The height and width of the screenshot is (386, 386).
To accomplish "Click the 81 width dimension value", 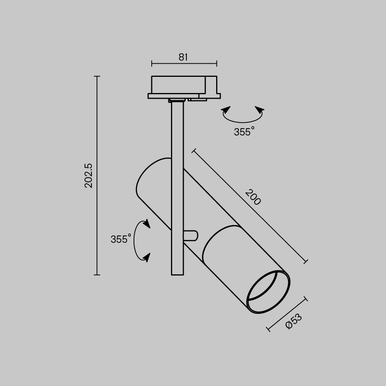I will [x=183, y=57].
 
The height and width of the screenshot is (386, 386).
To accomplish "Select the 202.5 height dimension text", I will [x=89, y=175].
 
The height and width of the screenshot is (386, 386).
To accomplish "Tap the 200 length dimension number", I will [x=253, y=197].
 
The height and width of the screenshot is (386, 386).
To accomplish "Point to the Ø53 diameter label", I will [x=294, y=321].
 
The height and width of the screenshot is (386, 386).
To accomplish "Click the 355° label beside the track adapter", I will [x=244, y=132].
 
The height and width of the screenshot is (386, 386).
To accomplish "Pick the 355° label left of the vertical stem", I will [x=121, y=239].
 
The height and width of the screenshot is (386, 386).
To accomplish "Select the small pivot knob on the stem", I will [x=192, y=235].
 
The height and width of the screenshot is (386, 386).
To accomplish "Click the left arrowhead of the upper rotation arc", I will [x=226, y=110].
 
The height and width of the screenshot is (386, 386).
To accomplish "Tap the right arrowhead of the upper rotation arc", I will [x=260, y=110].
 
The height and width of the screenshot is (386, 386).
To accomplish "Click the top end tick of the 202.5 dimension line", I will [x=97, y=76].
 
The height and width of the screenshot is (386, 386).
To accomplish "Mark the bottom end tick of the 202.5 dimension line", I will [x=97, y=275].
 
